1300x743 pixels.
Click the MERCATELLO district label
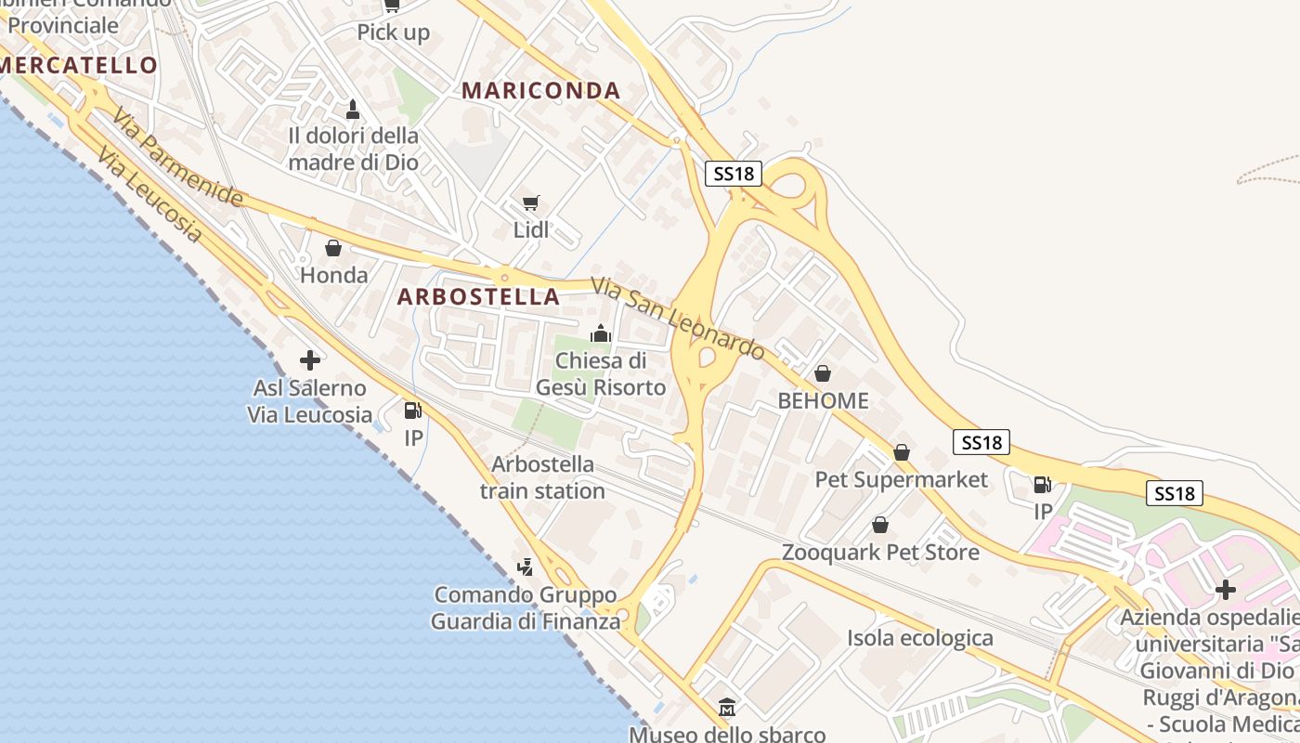(80, 65)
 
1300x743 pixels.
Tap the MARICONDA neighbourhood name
(540, 90)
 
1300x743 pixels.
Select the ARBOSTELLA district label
(478, 296)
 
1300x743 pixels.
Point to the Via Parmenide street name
(177, 157)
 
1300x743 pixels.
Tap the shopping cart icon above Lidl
(531, 202)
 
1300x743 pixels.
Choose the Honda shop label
(333, 275)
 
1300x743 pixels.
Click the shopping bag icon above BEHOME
(822, 373)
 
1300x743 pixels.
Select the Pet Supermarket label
(901, 479)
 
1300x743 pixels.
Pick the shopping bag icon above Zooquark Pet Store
(880, 525)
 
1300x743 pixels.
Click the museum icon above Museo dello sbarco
(727, 708)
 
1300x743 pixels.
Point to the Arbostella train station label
(542, 476)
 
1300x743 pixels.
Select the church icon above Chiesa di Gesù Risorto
(601, 332)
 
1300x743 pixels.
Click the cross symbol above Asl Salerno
(310, 359)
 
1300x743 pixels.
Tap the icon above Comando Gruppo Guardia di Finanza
(526, 566)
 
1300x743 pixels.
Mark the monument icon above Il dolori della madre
(353, 110)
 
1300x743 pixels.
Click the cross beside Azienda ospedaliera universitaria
(1226, 589)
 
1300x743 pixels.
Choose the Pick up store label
(394, 33)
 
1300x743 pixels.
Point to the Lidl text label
(531, 229)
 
